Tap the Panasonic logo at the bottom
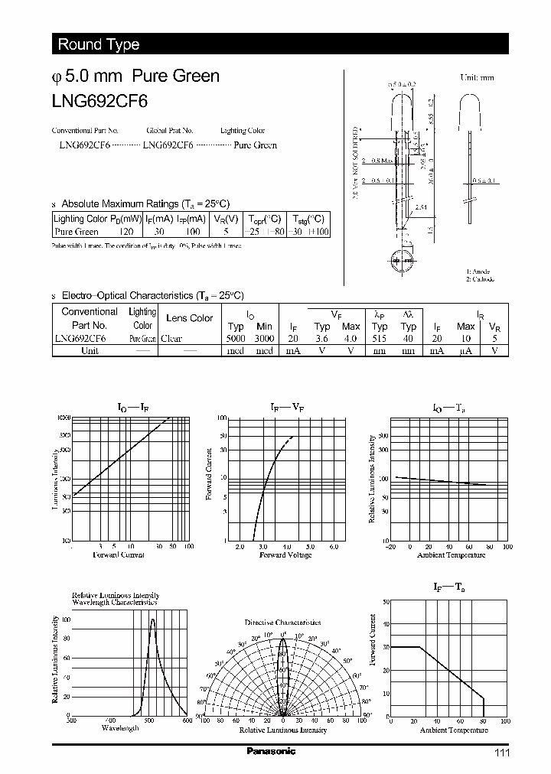(271, 752)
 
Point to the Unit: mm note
(477, 77)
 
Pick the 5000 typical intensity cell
(236, 338)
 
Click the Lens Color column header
(190, 318)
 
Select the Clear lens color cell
(171, 338)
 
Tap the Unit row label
(90, 350)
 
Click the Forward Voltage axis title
(285, 555)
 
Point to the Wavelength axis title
(120, 728)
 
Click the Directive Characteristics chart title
(283, 623)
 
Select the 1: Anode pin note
(478, 272)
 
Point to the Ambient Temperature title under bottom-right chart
(453, 730)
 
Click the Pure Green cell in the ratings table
(77, 231)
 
